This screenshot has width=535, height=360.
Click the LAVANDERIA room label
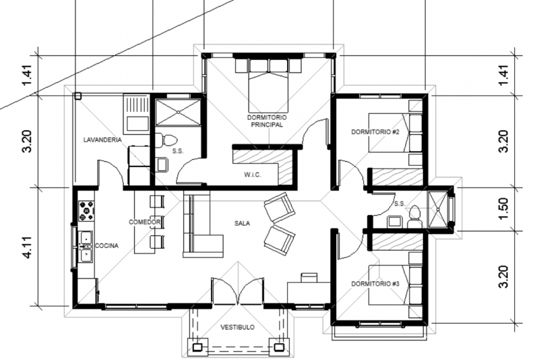click(102, 140)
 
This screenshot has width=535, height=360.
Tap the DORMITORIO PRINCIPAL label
click(267, 121)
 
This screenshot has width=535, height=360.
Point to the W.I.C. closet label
click(253, 175)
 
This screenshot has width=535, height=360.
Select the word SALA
click(243, 223)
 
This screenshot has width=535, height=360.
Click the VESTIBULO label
click(237, 327)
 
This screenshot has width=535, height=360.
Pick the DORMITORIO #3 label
click(375, 284)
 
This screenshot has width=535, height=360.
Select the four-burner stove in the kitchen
click(86, 211)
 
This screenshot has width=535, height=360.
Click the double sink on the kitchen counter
click(86, 246)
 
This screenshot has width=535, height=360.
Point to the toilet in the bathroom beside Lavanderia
click(166, 141)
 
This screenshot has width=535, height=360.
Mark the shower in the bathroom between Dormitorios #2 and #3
click(437, 210)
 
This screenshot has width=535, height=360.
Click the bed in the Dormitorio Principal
click(269, 86)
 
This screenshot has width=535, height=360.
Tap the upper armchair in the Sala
click(280, 207)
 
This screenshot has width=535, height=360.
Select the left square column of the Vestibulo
click(197, 347)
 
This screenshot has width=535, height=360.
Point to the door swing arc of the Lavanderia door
click(112, 169)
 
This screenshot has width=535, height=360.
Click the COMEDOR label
click(145, 222)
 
